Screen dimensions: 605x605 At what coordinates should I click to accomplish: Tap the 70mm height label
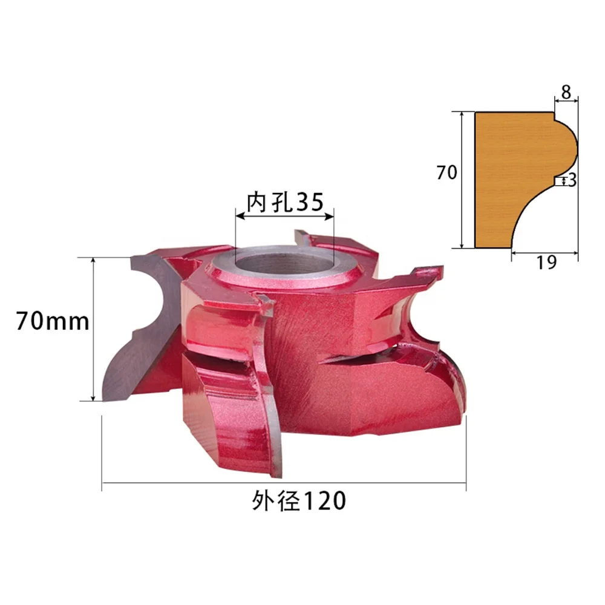tap(53, 321)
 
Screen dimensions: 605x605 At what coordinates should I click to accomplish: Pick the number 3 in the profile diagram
tap(572, 180)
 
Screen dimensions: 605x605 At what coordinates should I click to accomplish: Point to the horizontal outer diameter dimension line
tap(284, 483)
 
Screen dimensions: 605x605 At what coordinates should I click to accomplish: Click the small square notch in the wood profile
tap(558, 181)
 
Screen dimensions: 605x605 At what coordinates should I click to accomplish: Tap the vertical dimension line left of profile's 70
tap(462, 180)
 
